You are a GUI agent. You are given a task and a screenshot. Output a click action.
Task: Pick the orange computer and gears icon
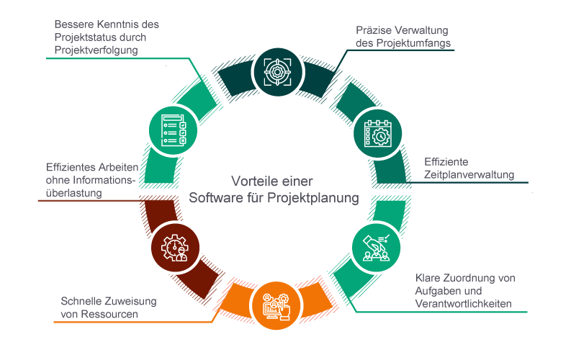(276, 305)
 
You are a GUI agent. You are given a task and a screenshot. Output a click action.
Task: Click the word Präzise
(374, 31)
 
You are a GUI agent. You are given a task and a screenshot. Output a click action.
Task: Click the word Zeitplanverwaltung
(469, 175)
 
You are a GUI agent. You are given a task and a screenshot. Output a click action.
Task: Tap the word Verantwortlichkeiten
(463, 304)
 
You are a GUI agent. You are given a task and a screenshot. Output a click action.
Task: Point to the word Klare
(430, 278)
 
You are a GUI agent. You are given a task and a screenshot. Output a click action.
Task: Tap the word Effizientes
(71, 167)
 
